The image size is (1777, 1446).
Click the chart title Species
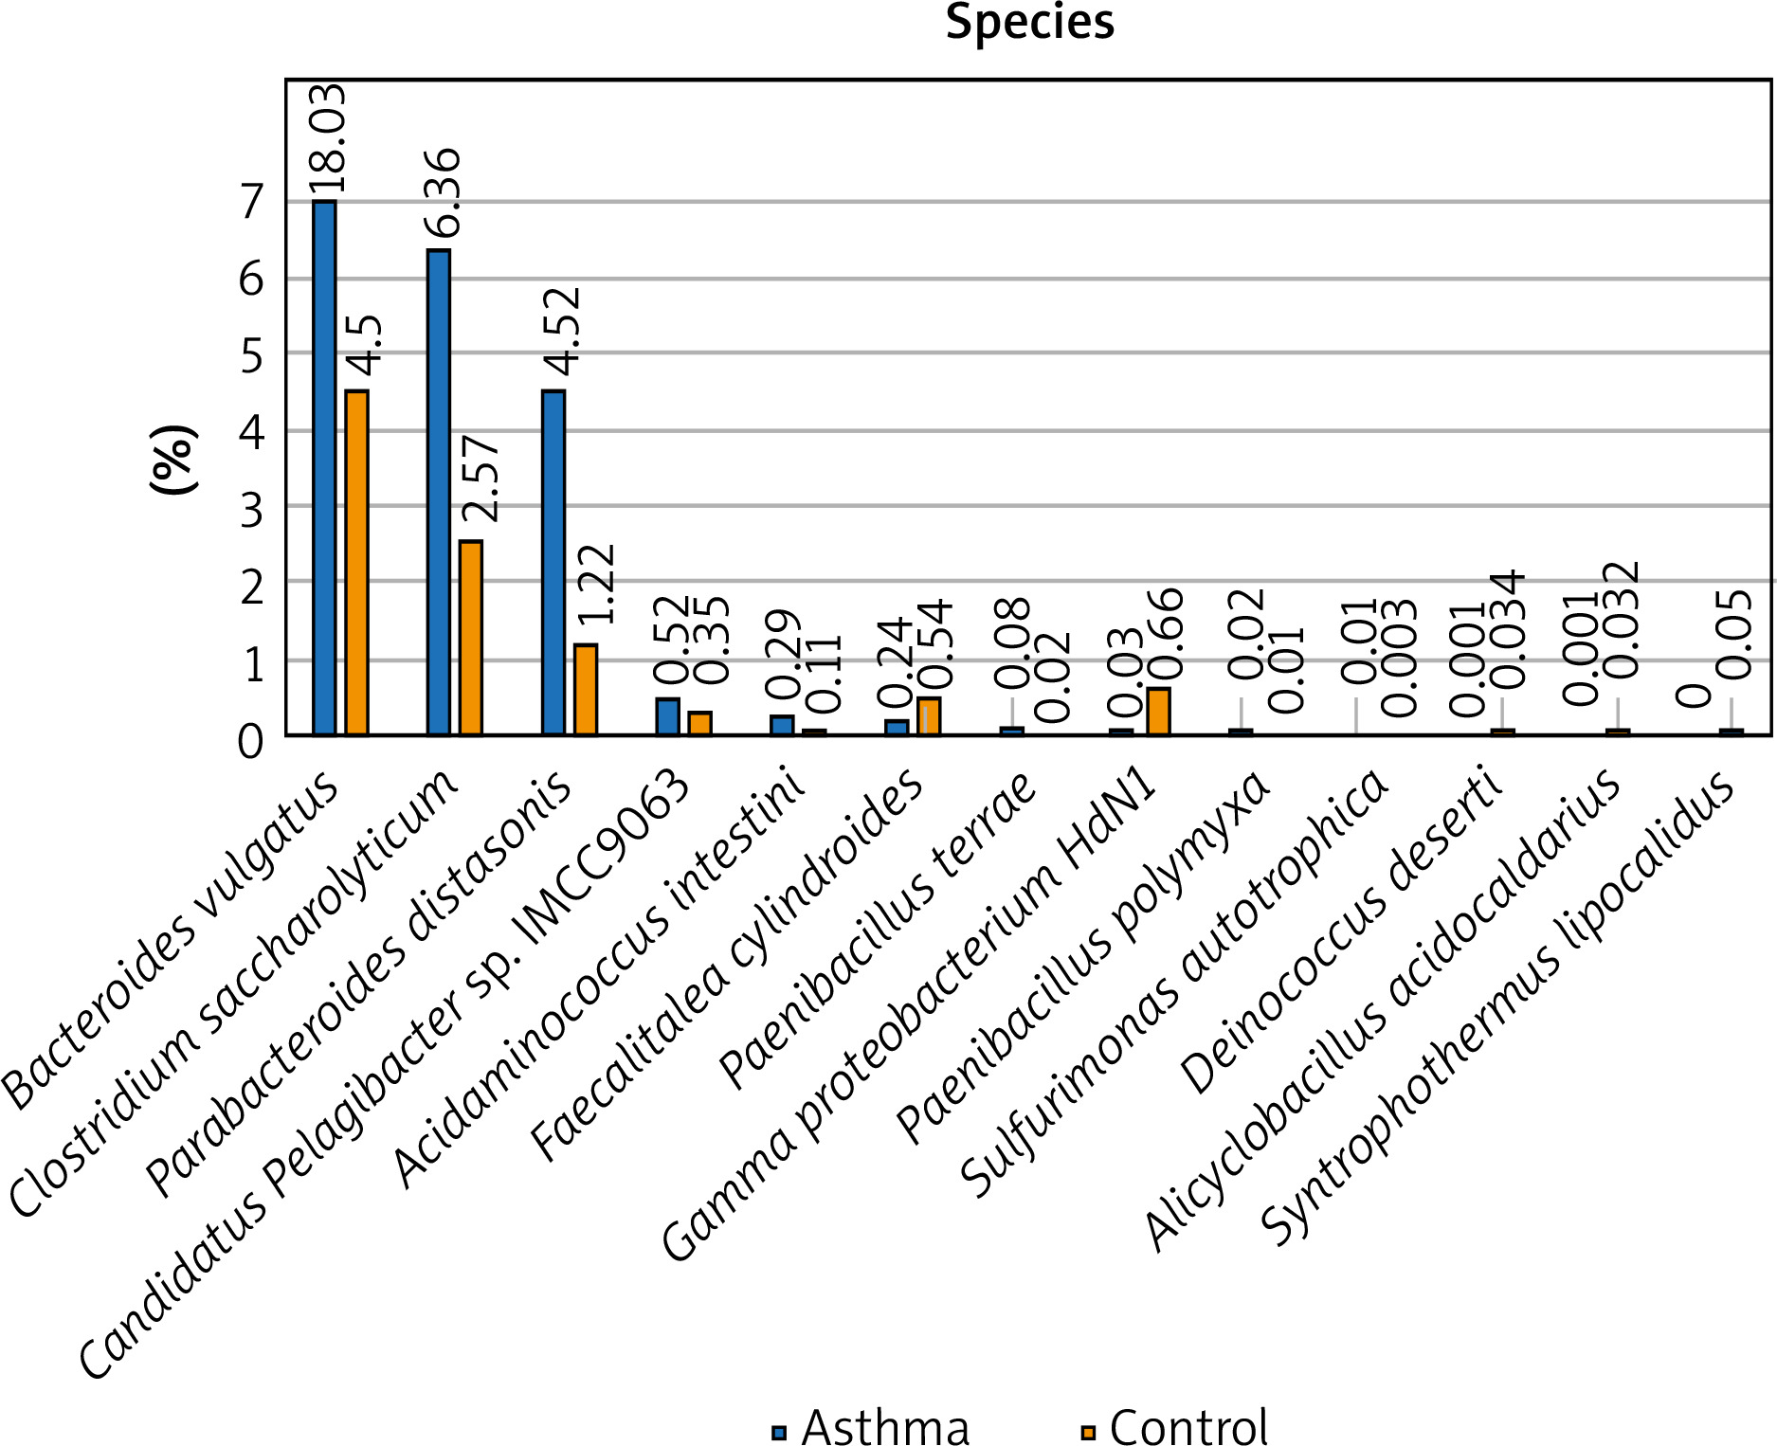(x=1029, y=22)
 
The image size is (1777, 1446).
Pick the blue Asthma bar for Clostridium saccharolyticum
(x=439, y=492)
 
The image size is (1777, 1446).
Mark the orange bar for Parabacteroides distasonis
(x=586, y=689)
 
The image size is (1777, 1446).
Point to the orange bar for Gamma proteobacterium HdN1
(x=1158, y=711)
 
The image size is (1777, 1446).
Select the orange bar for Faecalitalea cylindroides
(x=930, y=715)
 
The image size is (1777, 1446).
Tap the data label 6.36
(x=443, y=193)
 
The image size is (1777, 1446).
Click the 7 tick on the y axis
(x=251, y=202)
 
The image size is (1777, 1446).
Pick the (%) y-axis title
(x=174, y=460)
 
